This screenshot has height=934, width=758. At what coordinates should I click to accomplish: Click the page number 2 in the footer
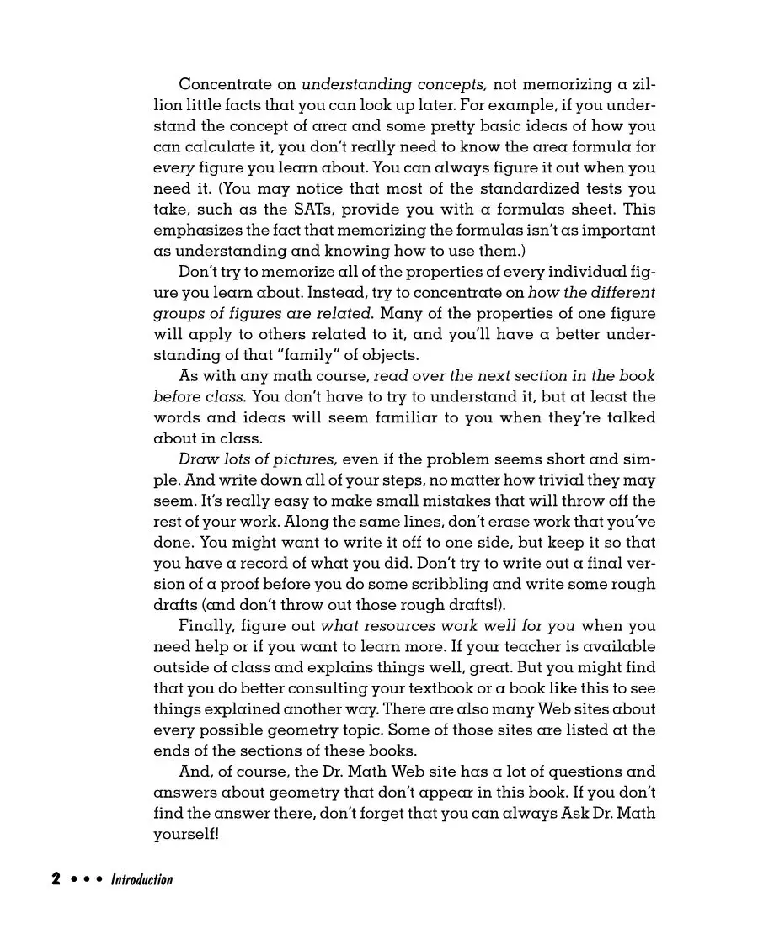pos(56,879)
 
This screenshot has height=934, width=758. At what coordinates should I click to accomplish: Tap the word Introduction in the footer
pos(141,879)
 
